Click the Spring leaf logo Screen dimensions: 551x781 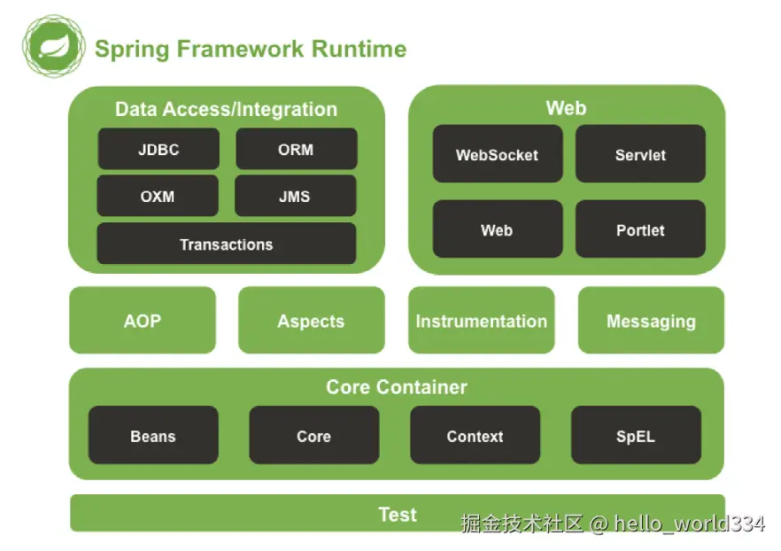[x=52, y=43]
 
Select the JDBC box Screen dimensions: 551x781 [x=159, y=149]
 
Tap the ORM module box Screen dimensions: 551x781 [x=296, y=149]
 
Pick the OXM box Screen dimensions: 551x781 [x=158, y=196]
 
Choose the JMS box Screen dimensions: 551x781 [x=295, y=196]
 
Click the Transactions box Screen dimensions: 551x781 [x=226, y=244]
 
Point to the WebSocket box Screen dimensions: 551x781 [x=497, y=154]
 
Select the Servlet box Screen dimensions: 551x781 [x=640, y=154]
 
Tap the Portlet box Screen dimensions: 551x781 [x=640, y=229]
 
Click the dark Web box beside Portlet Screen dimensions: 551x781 [x=497, y=229]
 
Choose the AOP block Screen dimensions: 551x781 [x=143, y=321]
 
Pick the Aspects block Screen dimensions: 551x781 [x=311, y=321]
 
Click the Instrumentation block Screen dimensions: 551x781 [x=481, y=321]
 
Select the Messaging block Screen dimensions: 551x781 [x=651, y=321]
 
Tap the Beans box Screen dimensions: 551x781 [x=153, y=436]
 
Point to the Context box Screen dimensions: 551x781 [x=475, y=436]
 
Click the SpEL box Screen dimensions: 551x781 [x=636, y=436]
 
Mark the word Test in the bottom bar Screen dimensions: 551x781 [x=398, y=514]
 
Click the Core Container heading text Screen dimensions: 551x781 [x=397, y=386]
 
